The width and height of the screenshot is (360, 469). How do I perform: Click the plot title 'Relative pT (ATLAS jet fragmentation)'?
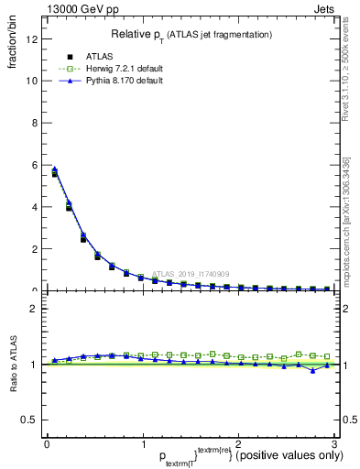[190, 35]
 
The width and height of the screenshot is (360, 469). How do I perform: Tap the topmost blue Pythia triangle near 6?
[54, 169]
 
